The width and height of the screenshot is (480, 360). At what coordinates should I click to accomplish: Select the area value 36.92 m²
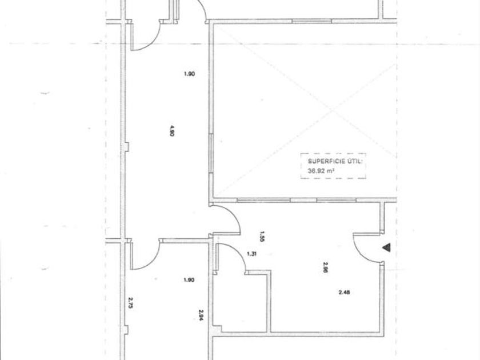tap(321, 170)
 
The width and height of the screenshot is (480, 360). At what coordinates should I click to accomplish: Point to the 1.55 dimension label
tap(261, 235)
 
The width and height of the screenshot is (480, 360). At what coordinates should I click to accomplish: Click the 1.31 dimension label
tap(251, 254)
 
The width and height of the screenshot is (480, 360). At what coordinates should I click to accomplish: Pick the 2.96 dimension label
tap(325, 267)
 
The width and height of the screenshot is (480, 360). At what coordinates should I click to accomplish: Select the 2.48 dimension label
tap(344, 293)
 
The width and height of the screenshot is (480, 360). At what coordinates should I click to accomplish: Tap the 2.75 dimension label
tap(131, 302)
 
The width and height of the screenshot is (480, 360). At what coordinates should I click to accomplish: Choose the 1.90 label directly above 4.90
tap(190, 73)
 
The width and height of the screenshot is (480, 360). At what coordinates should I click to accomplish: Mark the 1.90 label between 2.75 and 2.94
tap(190, 279)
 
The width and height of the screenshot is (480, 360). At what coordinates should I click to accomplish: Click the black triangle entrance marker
tap(387, 247)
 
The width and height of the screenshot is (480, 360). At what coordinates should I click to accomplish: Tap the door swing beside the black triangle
tap(366, 247)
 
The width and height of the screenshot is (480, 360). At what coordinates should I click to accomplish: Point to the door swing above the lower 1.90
tap(145, 255)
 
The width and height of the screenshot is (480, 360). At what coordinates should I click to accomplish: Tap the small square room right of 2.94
tap(240, 303)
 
